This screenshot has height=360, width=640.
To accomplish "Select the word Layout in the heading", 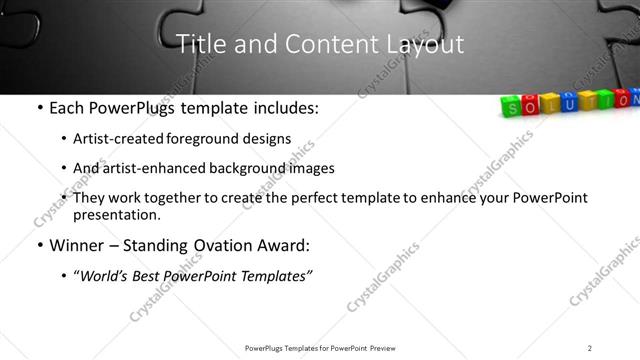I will (x=421, y=45).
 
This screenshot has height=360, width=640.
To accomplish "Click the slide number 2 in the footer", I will (x=590, y=348).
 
